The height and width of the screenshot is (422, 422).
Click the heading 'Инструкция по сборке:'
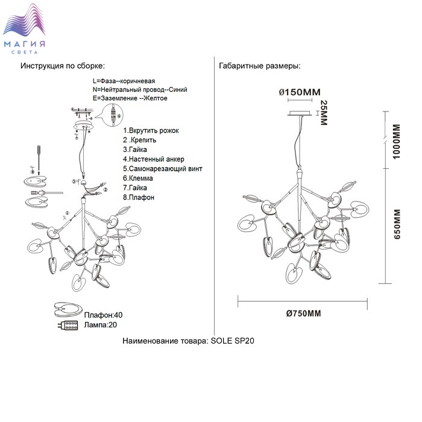[x=63, y=66]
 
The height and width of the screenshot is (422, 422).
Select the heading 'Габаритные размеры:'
[x=259, y=66]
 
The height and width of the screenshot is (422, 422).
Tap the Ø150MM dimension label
[x=300, y=92]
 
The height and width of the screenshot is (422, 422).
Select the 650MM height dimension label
[x=397, y=225]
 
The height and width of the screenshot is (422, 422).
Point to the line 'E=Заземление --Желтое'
[x=130, y=98]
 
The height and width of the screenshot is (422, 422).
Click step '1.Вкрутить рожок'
[x=151, y=130]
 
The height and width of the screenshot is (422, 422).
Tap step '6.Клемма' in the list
[x=138, y=178]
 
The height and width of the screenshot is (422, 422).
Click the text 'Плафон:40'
[x=103, y=315]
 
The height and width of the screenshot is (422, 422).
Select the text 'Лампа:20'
[x=100, y=325]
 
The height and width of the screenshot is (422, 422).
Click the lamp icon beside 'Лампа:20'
[x=68, y=326]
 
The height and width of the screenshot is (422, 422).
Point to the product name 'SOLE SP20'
[x=233, y=341]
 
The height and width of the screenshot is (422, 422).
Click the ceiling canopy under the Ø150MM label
[x=300, y=114]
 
